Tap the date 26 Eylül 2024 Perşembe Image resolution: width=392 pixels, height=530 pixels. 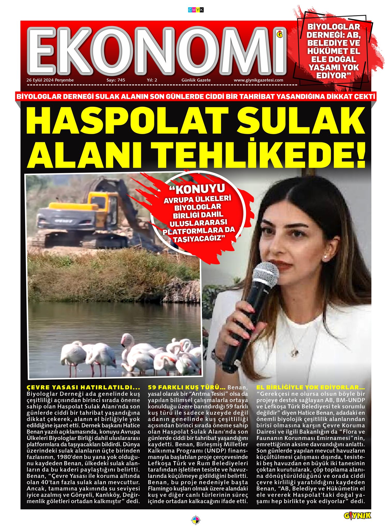(x=50, y=80)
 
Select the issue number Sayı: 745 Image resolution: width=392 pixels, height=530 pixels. (x=116, y=80)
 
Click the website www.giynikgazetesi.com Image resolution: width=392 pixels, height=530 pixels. (x=258, y=80)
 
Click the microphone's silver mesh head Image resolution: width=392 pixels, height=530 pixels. (x=265, y=275)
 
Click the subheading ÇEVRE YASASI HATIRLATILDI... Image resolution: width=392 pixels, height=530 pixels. (x=83, y=387)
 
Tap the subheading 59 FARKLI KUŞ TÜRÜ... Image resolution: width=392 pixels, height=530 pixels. (x=187, y=387)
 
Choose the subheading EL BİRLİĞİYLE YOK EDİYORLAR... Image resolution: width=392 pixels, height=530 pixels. (x=311, y=387)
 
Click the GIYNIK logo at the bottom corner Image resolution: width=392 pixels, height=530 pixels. (x=357, y=516)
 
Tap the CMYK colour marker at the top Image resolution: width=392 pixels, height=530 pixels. (x=196, y=10)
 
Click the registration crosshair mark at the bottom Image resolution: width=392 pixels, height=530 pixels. (x=196, y=520)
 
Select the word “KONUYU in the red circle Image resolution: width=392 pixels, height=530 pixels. (x=197, y=189)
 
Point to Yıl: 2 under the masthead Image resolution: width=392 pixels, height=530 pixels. (x=152, y=80)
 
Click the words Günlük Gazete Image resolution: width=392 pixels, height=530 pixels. (x=196, y=80)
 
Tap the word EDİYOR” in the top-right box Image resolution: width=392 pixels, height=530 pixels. (x=333, y=76)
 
